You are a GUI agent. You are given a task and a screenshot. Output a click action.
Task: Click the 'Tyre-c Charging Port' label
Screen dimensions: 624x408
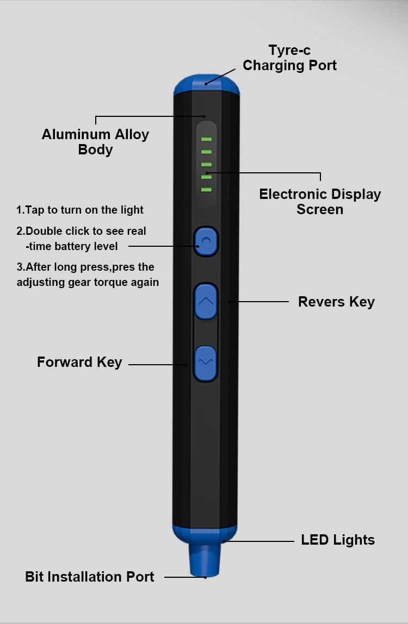[x=289, y=58]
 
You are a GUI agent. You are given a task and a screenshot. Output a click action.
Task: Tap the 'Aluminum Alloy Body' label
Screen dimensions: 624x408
[x=95, y=142]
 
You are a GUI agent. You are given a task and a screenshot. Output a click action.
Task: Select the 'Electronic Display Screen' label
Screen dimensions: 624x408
[x=320, y=202]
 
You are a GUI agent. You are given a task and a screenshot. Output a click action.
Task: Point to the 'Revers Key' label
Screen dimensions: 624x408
[x=336, y=302]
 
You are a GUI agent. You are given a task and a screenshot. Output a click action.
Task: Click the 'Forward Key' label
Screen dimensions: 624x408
[x=79, y=362]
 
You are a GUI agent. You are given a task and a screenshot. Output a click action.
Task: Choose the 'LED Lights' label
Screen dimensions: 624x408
[x=338, y=540]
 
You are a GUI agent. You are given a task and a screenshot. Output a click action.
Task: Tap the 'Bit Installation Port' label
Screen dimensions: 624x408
[x=90, y=577]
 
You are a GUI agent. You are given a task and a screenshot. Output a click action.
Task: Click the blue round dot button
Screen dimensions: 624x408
[x=206, y=240]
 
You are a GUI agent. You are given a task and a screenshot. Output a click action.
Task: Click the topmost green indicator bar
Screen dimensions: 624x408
[x=206, y=139]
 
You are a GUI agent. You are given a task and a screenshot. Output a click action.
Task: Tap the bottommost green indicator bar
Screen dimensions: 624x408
[x=206, y=189]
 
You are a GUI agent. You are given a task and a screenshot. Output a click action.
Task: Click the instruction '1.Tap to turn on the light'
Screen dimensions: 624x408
[x=80, y=210]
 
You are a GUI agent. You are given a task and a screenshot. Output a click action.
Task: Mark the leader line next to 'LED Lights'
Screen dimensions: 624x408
[x=260, y=541]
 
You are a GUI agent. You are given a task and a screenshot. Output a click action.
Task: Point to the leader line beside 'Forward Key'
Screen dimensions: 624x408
[x=158, y=364]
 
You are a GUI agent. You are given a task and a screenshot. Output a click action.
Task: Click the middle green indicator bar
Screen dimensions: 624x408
[x=206, y=164]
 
